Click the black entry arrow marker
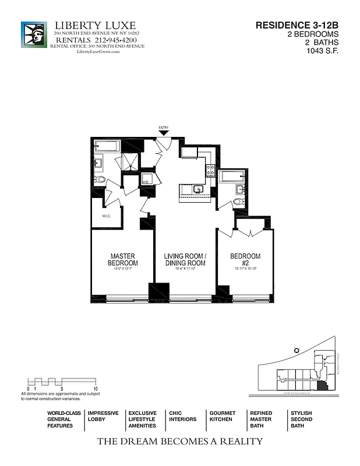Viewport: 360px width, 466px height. [x=164, y=133]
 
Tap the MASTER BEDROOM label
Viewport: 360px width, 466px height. [x=123, y=260]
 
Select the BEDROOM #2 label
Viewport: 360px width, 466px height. [x=245, y=260]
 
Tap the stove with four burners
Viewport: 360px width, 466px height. [x=210, y=170]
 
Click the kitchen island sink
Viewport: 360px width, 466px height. [x=198, y=189]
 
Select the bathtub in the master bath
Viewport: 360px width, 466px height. [x=107, y=146]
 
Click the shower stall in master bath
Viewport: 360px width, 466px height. [x=129, y=163]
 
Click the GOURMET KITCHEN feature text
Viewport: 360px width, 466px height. [x=223, y=416]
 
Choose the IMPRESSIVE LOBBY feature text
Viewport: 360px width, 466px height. [x=103, y=416]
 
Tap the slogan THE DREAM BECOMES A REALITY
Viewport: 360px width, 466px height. [x=179, y=442]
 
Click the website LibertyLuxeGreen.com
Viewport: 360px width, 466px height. [x=98, y=52]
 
